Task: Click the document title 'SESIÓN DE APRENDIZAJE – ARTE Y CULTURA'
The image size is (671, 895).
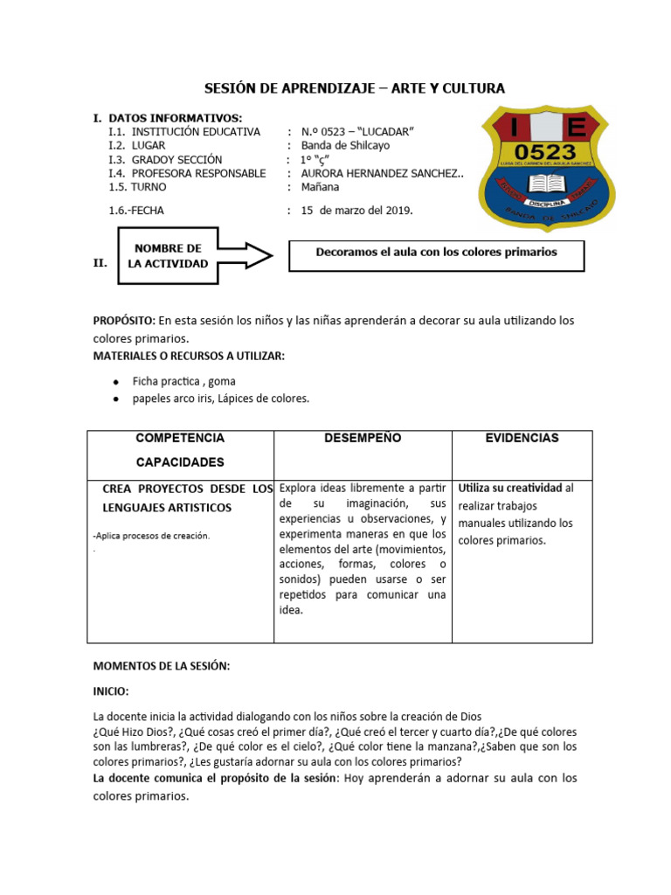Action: pyautogui.click(x=354, y=88)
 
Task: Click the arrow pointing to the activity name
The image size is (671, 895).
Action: pyautogui.click(x=247, y=255)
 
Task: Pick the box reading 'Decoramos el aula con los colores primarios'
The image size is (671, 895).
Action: pyautogui.click(x=436, y=253)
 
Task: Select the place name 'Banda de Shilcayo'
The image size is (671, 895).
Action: pyautogui.click(x=345, y=146)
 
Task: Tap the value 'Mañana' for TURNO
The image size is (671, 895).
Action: pyautogui.click(x=321, y=187)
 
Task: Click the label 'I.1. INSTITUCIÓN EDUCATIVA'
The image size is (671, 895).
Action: pyautogui.click(x=184, y=132)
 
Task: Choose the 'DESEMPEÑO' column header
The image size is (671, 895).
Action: pyautogui.click(x=363, y=439)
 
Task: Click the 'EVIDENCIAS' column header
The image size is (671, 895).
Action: pyautogui.click(x=522, y=439)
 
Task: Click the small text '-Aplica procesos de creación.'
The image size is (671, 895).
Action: pyautogui.click(x=150, y=536)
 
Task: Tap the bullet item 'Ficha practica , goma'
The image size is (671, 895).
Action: pyautogui.click(x=183, y=381)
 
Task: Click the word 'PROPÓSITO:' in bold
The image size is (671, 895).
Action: pyautogui.click(x=124, y=321)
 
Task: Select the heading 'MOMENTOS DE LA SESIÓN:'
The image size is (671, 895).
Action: pyautogui.click(x=162, y=666)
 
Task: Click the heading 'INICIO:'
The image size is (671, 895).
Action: pyautogui.click(x=111, y=690)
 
